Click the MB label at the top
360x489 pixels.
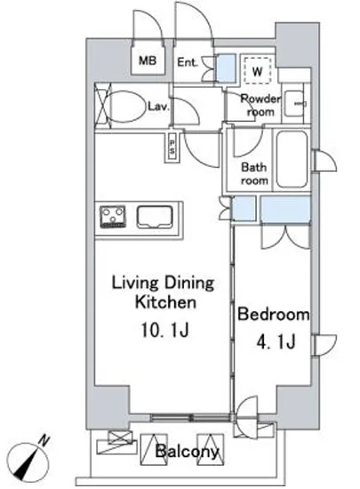click(148, 60)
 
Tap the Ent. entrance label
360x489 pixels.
click(188, 62)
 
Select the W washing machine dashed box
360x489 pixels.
click(257, 70)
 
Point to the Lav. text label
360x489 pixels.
click(158, 107)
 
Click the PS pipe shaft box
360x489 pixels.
click(172, 147)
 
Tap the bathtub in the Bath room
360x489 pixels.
click(292, 159)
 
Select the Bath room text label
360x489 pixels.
click(254, 173)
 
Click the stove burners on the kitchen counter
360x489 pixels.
click(113, 216)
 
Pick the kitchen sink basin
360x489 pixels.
click(155, 216)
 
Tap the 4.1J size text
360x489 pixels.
click(276, 341)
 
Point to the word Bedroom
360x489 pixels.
click(274, 314)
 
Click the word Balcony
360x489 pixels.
click(187, 451)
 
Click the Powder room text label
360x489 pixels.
click(260, 106)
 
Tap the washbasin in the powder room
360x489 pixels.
click(295, 103)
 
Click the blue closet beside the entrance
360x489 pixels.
click(226, 68)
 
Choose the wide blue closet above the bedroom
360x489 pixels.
click(285, 209)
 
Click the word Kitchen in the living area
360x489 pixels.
click(165, 302)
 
